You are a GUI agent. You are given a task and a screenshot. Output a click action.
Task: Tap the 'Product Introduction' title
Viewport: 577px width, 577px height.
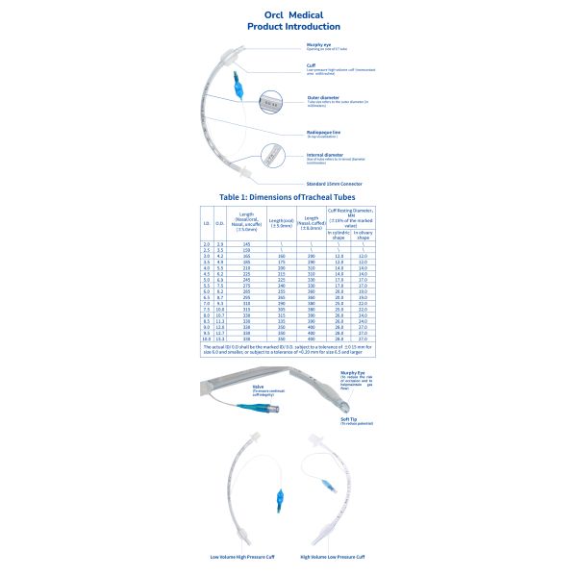coord(288,27)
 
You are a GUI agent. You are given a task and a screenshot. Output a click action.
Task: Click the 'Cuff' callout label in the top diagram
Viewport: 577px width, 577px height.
coord(311,65)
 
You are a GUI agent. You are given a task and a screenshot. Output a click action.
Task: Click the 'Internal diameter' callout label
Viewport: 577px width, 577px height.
coord(324,154)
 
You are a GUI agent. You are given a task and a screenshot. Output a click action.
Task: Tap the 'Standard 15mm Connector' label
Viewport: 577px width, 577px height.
coord(335,182)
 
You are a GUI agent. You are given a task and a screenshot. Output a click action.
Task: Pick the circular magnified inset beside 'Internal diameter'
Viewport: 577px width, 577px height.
coord(276,152)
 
